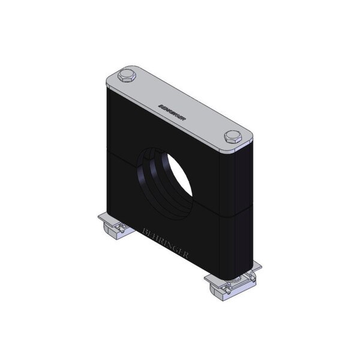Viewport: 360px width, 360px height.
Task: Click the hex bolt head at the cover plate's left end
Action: pos(127,76)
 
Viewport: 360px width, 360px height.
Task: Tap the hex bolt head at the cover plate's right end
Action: pos(233,136)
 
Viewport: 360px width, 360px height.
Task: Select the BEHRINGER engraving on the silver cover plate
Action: pos(172,113)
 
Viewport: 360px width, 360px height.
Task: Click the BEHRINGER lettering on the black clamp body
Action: pos(166,243)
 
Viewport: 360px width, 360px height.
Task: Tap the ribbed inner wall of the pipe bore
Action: pos(158,181)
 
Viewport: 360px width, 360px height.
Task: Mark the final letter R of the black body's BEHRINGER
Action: pos(186,254)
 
